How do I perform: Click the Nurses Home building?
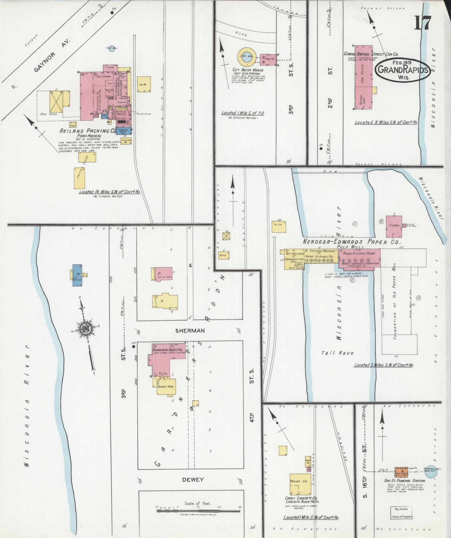(165, 386)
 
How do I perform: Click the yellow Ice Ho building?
(144, 84)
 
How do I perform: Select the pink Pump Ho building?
(269, 60)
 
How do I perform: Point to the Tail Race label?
(338, 353)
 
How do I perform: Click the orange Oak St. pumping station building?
(402, 472)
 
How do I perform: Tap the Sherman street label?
(186, 331)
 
